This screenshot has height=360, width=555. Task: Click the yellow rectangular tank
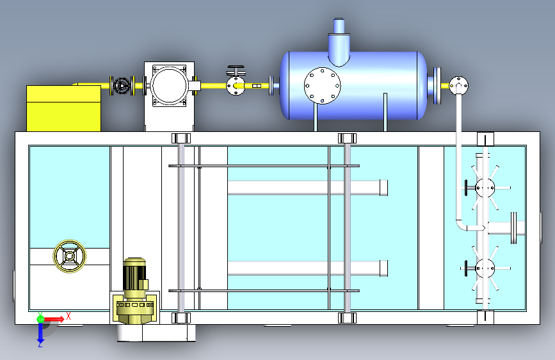pos(64,108)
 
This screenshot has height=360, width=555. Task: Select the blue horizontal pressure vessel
pos(354,85)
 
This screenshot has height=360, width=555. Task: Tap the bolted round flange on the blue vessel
pos(323,86)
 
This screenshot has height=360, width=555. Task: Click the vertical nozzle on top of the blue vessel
pos(339,42)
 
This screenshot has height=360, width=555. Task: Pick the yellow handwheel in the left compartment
pos(70,256)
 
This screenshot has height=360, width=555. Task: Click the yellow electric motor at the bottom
pos(135,291)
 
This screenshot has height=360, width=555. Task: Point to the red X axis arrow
pos(54,319)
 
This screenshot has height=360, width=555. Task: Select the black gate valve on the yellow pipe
pos(122,86)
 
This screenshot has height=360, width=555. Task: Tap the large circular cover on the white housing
pos(169,85)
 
